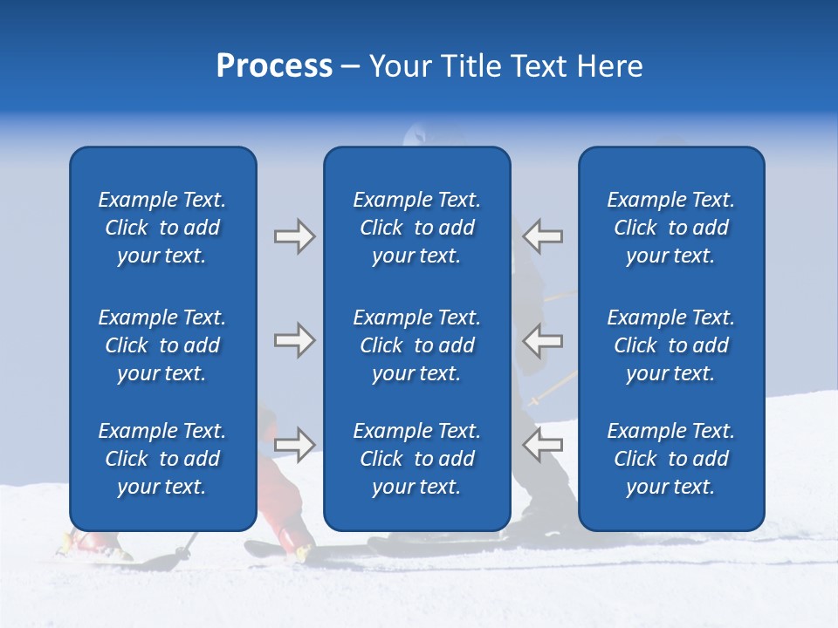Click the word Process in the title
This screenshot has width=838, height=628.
274,66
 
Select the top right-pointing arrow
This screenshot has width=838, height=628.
294,236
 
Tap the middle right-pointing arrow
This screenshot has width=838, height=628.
294,340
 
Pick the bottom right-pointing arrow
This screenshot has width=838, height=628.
294,444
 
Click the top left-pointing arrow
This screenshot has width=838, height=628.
543,236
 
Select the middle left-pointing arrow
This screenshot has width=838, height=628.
543,340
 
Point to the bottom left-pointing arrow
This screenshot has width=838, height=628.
543,444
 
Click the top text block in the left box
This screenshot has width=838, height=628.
162,228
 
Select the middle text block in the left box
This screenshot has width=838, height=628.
162,345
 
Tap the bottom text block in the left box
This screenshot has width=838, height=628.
162,459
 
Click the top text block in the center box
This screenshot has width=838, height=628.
416,228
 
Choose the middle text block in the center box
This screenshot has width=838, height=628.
416,345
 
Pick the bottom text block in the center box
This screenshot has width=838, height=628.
416,459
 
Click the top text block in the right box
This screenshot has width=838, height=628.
670,228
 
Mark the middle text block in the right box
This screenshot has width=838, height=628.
670,345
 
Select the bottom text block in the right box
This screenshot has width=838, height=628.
670,459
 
